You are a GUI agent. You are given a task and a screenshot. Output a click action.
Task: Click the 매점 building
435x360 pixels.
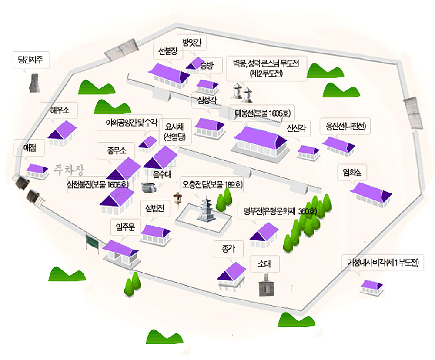tap(37, 170)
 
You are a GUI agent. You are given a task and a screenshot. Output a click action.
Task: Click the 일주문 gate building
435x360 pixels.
tap(120, 252)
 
